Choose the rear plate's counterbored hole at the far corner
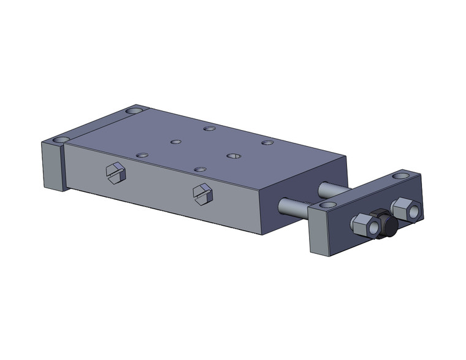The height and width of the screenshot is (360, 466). click(x=134, y=112)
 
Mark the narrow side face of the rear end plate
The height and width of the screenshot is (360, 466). click(x=52, y=166)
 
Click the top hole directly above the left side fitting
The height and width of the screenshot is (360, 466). click(x=142, y=155)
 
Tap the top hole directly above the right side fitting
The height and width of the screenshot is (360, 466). click(x=197, y=169)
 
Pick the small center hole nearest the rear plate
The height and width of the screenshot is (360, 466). click(x=176, y=142)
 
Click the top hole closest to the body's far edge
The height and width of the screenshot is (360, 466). click(x=210, y=129)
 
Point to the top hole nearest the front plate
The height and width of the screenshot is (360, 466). click(x=267, y=143)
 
